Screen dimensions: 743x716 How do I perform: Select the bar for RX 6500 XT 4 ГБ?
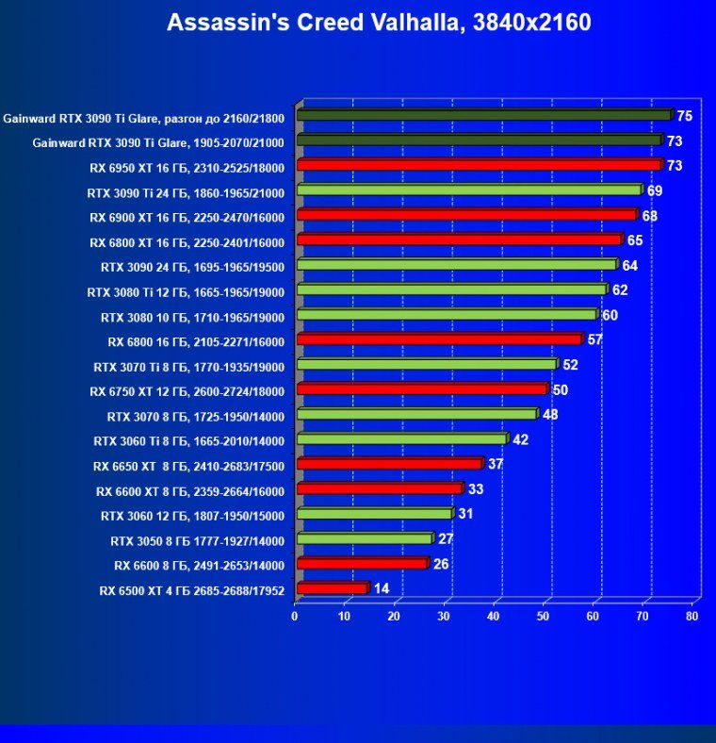coord(332,588)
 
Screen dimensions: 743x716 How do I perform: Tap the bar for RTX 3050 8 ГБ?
coord(364,538)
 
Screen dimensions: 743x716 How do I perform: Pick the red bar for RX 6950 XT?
coord(479,165)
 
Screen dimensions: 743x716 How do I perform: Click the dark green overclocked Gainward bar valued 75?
coord(483,115)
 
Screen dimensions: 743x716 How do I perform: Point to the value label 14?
coord(382,588)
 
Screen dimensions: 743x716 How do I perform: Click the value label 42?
coord(520,439)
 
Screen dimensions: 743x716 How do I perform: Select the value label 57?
coord(594,339)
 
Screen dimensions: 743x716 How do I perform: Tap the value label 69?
coord(655,190)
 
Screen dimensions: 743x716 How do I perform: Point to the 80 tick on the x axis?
coord(692,617)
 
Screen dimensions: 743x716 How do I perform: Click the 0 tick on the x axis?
coord(295,617)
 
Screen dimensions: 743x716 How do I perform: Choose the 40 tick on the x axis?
coord(494,617)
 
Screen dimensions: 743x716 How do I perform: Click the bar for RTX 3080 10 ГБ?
coord(447,314)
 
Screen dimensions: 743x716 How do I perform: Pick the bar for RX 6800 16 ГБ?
coord(439,339)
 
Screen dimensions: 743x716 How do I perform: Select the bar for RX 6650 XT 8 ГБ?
coord(389,464)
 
